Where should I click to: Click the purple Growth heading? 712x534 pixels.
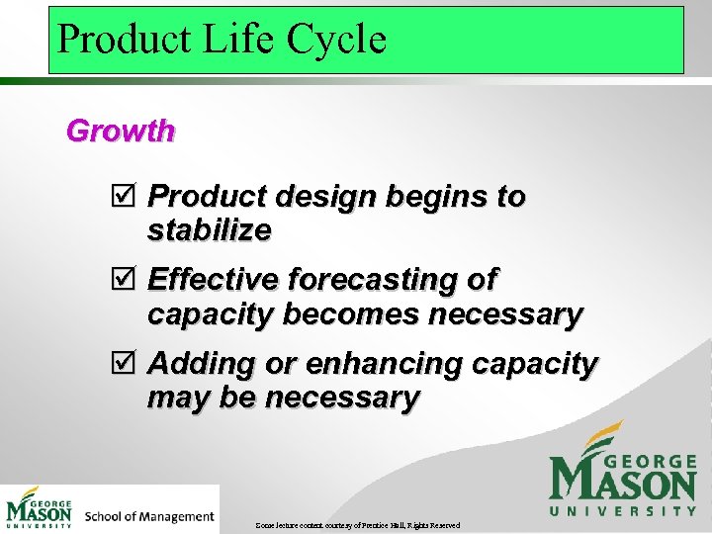coord(120,131)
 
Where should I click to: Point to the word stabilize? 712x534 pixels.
coord(209,230)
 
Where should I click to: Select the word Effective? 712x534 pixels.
coord(212,280)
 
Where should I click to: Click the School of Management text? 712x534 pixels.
coord(149,516)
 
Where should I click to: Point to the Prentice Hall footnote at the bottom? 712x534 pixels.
coord(356,524)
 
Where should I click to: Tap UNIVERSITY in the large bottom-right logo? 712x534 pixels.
coord(623,510)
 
